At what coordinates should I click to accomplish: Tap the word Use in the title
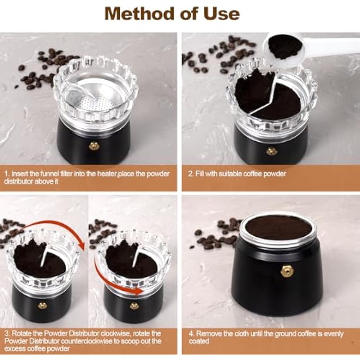pos(222,13)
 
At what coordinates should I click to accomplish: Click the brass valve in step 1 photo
pos(94,145)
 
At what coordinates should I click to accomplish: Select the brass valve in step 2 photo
pos(271,151)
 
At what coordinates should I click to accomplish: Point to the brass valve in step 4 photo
pos(287,271)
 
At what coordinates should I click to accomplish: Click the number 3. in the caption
pos(7,333)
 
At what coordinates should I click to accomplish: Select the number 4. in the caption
pos(192,333)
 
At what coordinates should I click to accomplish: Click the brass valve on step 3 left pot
pos(42,306)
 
